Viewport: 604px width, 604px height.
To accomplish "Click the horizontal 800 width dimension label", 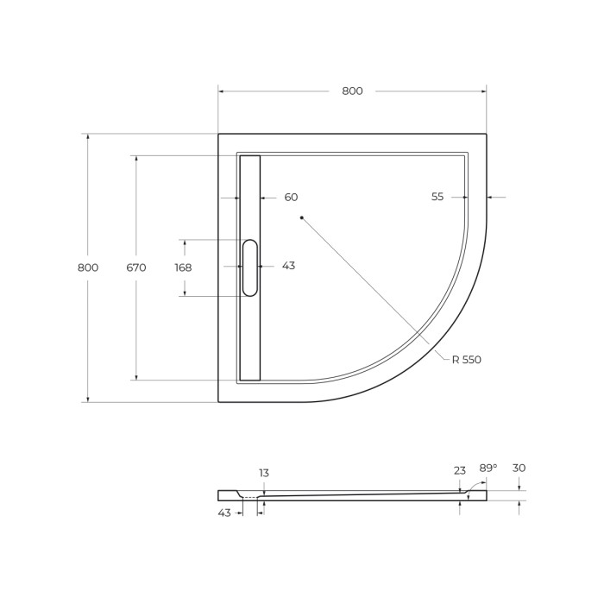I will [x=352, y=91].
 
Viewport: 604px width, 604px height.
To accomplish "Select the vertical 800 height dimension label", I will [x=88, y=267].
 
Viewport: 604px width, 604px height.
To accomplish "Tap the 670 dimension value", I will [x=136, y=267].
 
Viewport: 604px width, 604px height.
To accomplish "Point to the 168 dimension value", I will [x=183, y=267].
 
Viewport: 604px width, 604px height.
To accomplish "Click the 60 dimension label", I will [x=291, y=198].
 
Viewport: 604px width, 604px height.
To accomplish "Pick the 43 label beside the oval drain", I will [x=288, y=266].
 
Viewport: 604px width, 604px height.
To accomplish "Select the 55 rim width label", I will [x=437, y=197].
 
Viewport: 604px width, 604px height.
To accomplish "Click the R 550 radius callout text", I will [x=466, y=360].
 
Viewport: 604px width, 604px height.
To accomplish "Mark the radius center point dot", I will [x=302, y=218].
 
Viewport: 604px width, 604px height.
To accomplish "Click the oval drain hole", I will [x=249, y=267].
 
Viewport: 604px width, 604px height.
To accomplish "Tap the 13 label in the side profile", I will [x=264, y=473].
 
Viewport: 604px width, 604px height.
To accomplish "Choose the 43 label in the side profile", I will [x=224, y=513].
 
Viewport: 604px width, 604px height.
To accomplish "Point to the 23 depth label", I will [x=460, y=470].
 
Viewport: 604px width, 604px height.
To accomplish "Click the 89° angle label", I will [x=488, y=468].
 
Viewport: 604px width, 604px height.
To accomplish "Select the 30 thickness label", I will [x=519, y=468].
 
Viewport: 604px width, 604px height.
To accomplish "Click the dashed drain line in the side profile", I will [x=250, y=497].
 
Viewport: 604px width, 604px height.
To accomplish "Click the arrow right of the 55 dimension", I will [x=496, y=198].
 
